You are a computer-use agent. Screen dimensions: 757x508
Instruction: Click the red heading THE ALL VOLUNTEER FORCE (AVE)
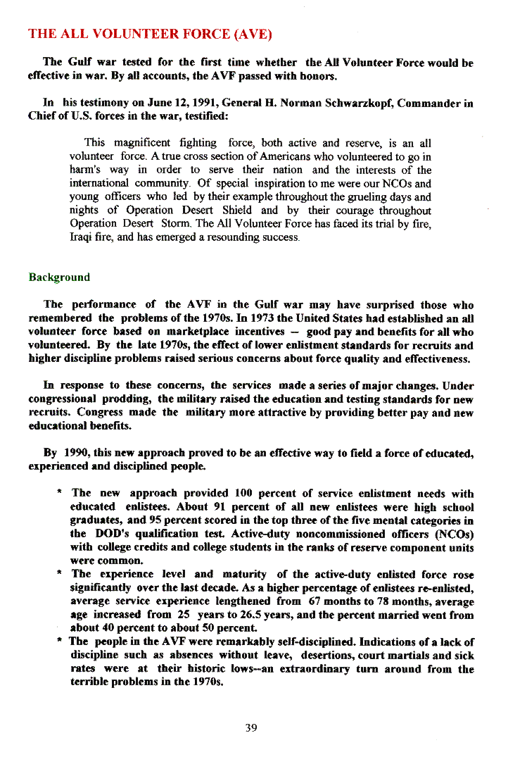coord(150,34)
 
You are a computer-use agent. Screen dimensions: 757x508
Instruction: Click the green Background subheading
coord(59,277)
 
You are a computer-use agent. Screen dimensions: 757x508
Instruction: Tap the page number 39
coord(251,727)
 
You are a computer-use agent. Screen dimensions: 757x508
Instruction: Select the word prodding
coord(127,399)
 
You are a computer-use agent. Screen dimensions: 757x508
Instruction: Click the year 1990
coord(77,453)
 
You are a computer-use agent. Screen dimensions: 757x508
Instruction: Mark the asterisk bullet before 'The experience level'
coord(61,575)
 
